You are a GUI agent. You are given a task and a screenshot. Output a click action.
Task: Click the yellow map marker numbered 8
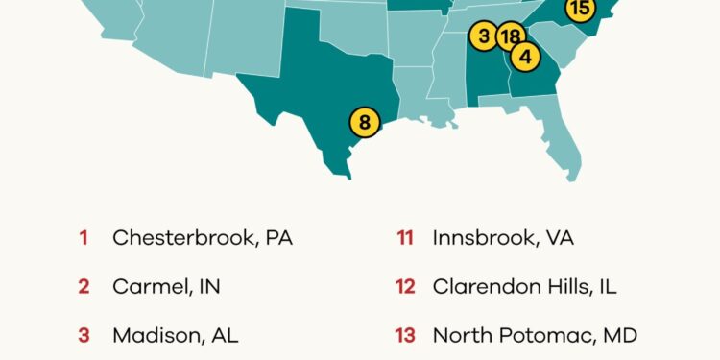365,123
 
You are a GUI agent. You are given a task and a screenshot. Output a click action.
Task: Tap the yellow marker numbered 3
484,36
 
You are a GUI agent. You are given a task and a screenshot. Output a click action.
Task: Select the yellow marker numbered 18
509,37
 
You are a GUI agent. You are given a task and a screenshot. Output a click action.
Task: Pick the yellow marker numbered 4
524,57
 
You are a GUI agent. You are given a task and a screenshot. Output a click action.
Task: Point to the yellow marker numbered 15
579,10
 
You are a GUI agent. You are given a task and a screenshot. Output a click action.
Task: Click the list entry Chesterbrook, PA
202,237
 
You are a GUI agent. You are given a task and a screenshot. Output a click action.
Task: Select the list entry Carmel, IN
166,286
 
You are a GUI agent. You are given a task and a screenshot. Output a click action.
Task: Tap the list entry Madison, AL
175,335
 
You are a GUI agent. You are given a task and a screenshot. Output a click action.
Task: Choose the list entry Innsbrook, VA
503,237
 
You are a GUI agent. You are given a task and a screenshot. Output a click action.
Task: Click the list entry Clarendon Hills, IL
524,286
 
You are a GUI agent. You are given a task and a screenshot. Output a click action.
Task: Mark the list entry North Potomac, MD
535,335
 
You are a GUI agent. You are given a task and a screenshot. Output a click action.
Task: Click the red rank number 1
84,237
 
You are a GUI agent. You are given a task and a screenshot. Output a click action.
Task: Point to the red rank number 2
84,286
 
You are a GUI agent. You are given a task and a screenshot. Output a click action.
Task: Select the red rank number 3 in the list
84,335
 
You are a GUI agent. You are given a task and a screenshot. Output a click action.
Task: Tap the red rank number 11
405,237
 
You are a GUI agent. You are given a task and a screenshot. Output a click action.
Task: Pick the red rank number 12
405,286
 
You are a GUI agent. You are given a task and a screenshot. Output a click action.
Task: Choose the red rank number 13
405,335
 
